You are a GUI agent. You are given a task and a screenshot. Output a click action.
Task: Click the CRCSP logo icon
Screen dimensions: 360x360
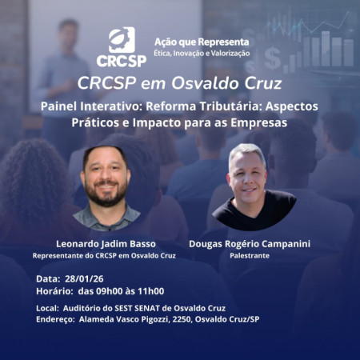coord(122,39)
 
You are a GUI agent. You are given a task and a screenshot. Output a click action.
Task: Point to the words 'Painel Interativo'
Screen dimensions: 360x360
coord(86,107)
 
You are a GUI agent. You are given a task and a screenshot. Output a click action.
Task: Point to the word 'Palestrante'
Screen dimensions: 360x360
coord(248,255)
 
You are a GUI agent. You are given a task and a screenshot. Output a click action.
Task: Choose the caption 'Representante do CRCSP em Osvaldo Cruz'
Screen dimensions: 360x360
coord(104,255)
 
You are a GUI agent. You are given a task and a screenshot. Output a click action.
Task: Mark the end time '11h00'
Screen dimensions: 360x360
coord(150,291)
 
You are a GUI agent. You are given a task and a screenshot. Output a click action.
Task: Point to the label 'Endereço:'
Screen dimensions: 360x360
coord(54,319)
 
